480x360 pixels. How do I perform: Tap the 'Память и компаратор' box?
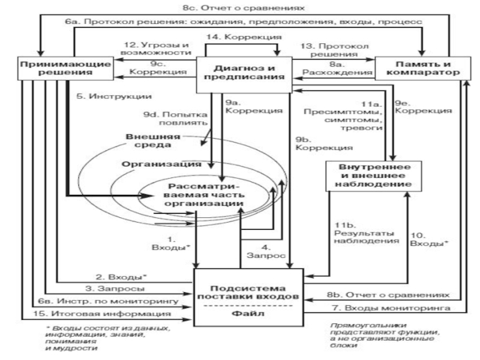[x=419, y=68]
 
